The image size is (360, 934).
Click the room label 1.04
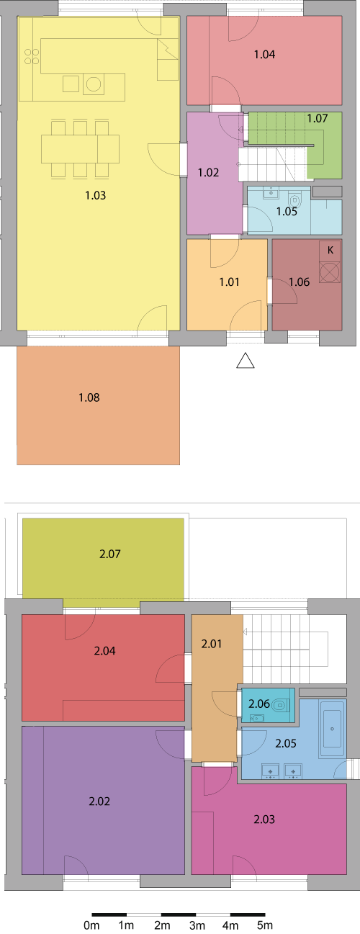coord(264,54)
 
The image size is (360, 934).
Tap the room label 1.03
coord(96,195)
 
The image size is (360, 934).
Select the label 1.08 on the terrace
coord(89,398)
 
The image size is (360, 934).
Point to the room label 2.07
coord(110,554)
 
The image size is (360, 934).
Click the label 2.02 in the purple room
coord(99,801)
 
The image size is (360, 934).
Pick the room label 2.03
coord(264,820)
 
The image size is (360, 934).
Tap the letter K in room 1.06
coord(330,250)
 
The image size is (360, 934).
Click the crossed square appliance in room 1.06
coord(330,272)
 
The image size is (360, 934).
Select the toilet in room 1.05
coord(294,200)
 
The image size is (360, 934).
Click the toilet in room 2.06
coord(280,706)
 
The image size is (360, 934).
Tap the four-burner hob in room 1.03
coord(32,57)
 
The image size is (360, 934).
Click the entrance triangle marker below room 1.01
coord(246,360)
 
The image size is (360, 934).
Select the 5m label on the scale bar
coord(264,925)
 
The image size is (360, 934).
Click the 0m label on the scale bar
coord(91,925)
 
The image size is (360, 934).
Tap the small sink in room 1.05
coord(271,193)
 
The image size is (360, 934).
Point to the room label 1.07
coord(318,118)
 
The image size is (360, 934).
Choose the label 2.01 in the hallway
coord(212,644)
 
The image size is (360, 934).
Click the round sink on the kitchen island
coord(94,84)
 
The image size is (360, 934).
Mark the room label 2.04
coord(105,650)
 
